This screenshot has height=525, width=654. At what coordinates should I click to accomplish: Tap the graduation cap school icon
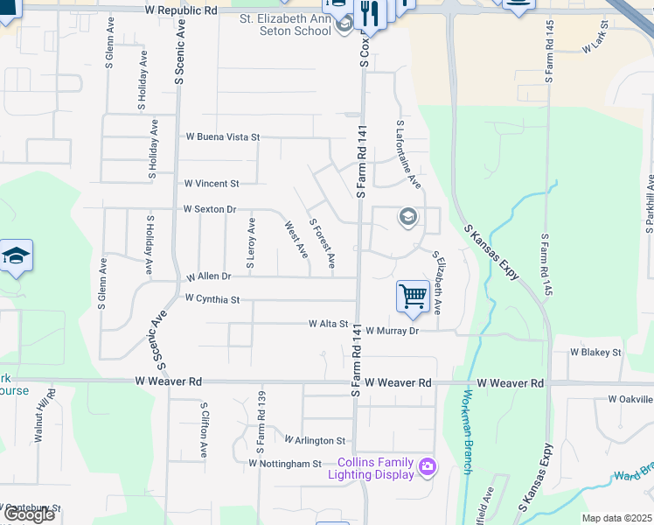[16, 255]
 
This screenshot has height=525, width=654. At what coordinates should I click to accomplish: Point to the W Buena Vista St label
[223, 137]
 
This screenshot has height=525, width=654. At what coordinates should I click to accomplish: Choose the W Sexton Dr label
[210, 210]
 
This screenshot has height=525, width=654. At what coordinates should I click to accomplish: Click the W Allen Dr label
[208, 276]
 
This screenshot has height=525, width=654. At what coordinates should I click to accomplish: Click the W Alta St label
[328, 324]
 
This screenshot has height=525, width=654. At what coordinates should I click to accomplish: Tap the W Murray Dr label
[393, 331]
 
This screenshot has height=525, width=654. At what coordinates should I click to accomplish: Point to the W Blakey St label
[595, 353]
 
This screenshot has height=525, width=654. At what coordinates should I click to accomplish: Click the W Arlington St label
[315, 440]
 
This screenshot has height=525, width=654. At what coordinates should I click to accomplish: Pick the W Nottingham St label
[285, 463]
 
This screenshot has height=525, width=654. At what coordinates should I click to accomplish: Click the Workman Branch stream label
[463, 430]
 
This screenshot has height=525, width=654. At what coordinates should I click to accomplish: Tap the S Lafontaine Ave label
[409, 155]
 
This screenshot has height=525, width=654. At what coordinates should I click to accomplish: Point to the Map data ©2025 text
[616, 518]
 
